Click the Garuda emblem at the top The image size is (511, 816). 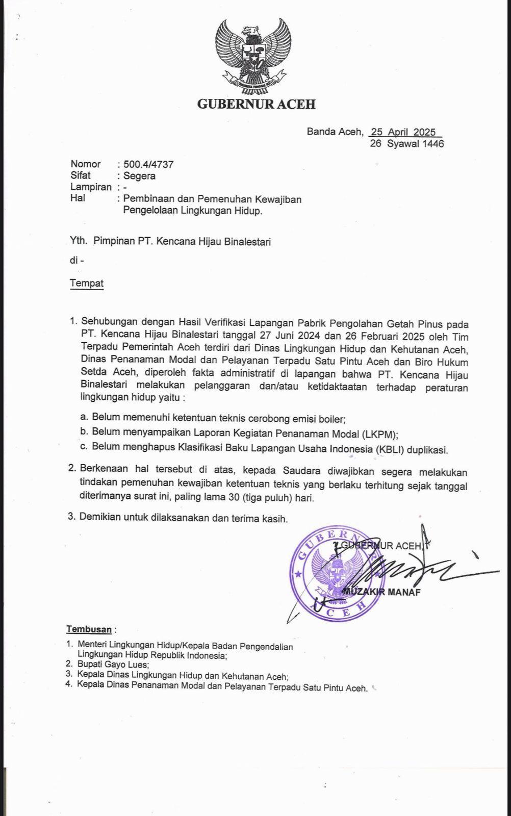click(x=253, y=56)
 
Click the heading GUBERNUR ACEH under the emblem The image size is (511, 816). click(x=256, y=105)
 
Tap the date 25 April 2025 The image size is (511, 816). click(x=403, y=132)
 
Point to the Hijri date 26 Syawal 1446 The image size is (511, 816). click(x=406, y=144)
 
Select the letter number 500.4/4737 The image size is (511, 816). click(x=148, y=164)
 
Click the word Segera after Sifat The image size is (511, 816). click(x=139, y=176)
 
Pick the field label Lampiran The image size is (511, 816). click(x=91, y=187)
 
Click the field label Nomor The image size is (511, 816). click(x=86, y=164)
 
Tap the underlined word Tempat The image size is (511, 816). click(x=87, y=284)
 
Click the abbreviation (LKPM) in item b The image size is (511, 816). click(x=379, y=435)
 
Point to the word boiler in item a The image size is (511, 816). click(x=332, y=419)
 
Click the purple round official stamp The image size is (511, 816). click(x=337, y=574)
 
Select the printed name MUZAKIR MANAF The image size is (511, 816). click(x=382, y=592)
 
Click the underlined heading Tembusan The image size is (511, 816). click(x=89, y=629)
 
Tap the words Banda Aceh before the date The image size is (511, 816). click(x=334, y=132)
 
